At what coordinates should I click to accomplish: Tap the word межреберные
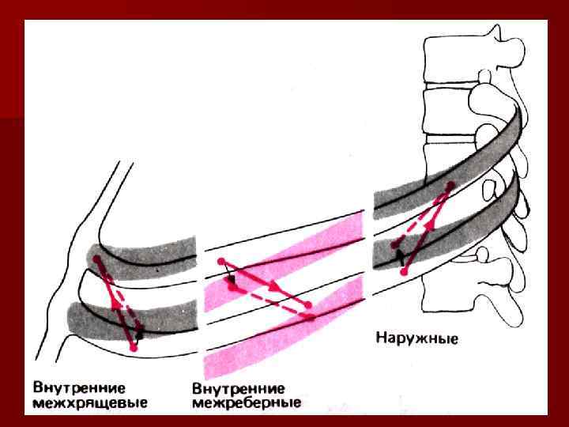coord(247,403)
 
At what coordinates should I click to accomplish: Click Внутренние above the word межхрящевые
coord(79,388)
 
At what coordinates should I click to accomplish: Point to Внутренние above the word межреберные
coord(239,388)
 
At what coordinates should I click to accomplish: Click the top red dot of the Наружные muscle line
coord(450,186)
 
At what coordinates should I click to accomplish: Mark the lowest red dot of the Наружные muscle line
coord(404,271)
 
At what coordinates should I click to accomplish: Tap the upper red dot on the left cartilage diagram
coord(97,259)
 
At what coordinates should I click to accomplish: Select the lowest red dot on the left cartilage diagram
coord(134,347)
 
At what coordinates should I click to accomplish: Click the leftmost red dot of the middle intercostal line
coord(221,261)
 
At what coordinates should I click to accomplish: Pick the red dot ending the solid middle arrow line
coord(307,304)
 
